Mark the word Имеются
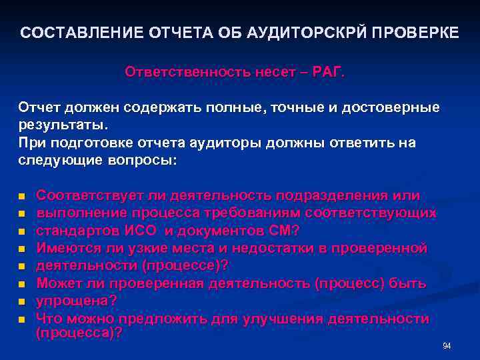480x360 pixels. [65, 248]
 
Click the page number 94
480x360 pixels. [447, 346]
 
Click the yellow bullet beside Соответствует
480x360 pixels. [21, 197]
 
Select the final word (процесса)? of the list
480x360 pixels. [79, 333]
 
